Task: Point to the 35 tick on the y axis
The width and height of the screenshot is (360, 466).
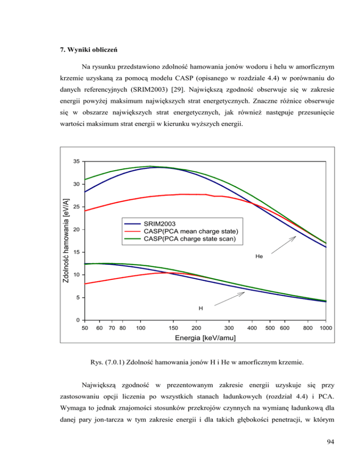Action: tap(76, 161)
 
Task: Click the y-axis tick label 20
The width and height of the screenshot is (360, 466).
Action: tap(76, 230)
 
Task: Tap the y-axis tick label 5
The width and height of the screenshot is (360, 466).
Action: tap(77, 298)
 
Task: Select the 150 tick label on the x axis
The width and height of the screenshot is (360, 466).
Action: tap(173, 328)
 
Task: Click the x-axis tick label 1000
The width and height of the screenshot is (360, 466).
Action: tap(326, 328)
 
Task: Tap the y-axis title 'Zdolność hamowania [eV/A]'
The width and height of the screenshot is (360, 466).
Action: tap(67, 241)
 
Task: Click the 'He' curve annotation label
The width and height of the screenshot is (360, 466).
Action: tap(259, 256)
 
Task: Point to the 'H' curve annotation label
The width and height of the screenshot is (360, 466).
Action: tap(201, 308)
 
